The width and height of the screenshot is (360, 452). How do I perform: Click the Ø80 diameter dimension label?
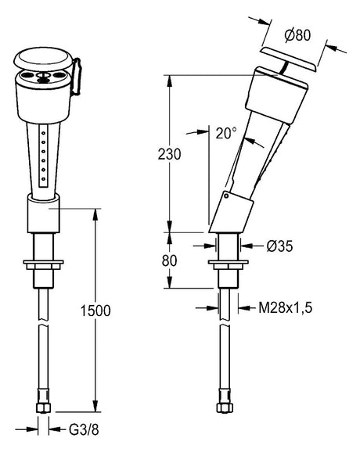297,35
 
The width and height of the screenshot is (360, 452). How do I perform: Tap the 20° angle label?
226,133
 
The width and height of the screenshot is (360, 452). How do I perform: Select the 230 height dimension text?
169,154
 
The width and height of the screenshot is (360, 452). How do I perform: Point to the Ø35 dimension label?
279,246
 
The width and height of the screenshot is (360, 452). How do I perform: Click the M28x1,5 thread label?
285,308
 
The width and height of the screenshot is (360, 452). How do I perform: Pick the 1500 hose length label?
95,310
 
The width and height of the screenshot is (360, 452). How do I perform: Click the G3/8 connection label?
84,429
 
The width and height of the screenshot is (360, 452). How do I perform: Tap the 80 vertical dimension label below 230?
169,261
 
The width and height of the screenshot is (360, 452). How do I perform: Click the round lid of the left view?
43,59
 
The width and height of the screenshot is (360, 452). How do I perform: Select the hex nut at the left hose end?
43,407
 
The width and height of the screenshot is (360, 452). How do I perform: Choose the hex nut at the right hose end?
225,407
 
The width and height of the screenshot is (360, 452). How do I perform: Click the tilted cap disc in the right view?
289,60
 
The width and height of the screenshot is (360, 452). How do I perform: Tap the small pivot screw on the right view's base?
226,196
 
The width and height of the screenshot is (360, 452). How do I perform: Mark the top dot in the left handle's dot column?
43,133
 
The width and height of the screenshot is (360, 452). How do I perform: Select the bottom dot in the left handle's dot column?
43,179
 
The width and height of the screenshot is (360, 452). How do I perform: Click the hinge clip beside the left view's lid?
77,77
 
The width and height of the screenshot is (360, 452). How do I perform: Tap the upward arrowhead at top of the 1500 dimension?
95,214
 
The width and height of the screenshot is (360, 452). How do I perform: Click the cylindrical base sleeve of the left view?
44,214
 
